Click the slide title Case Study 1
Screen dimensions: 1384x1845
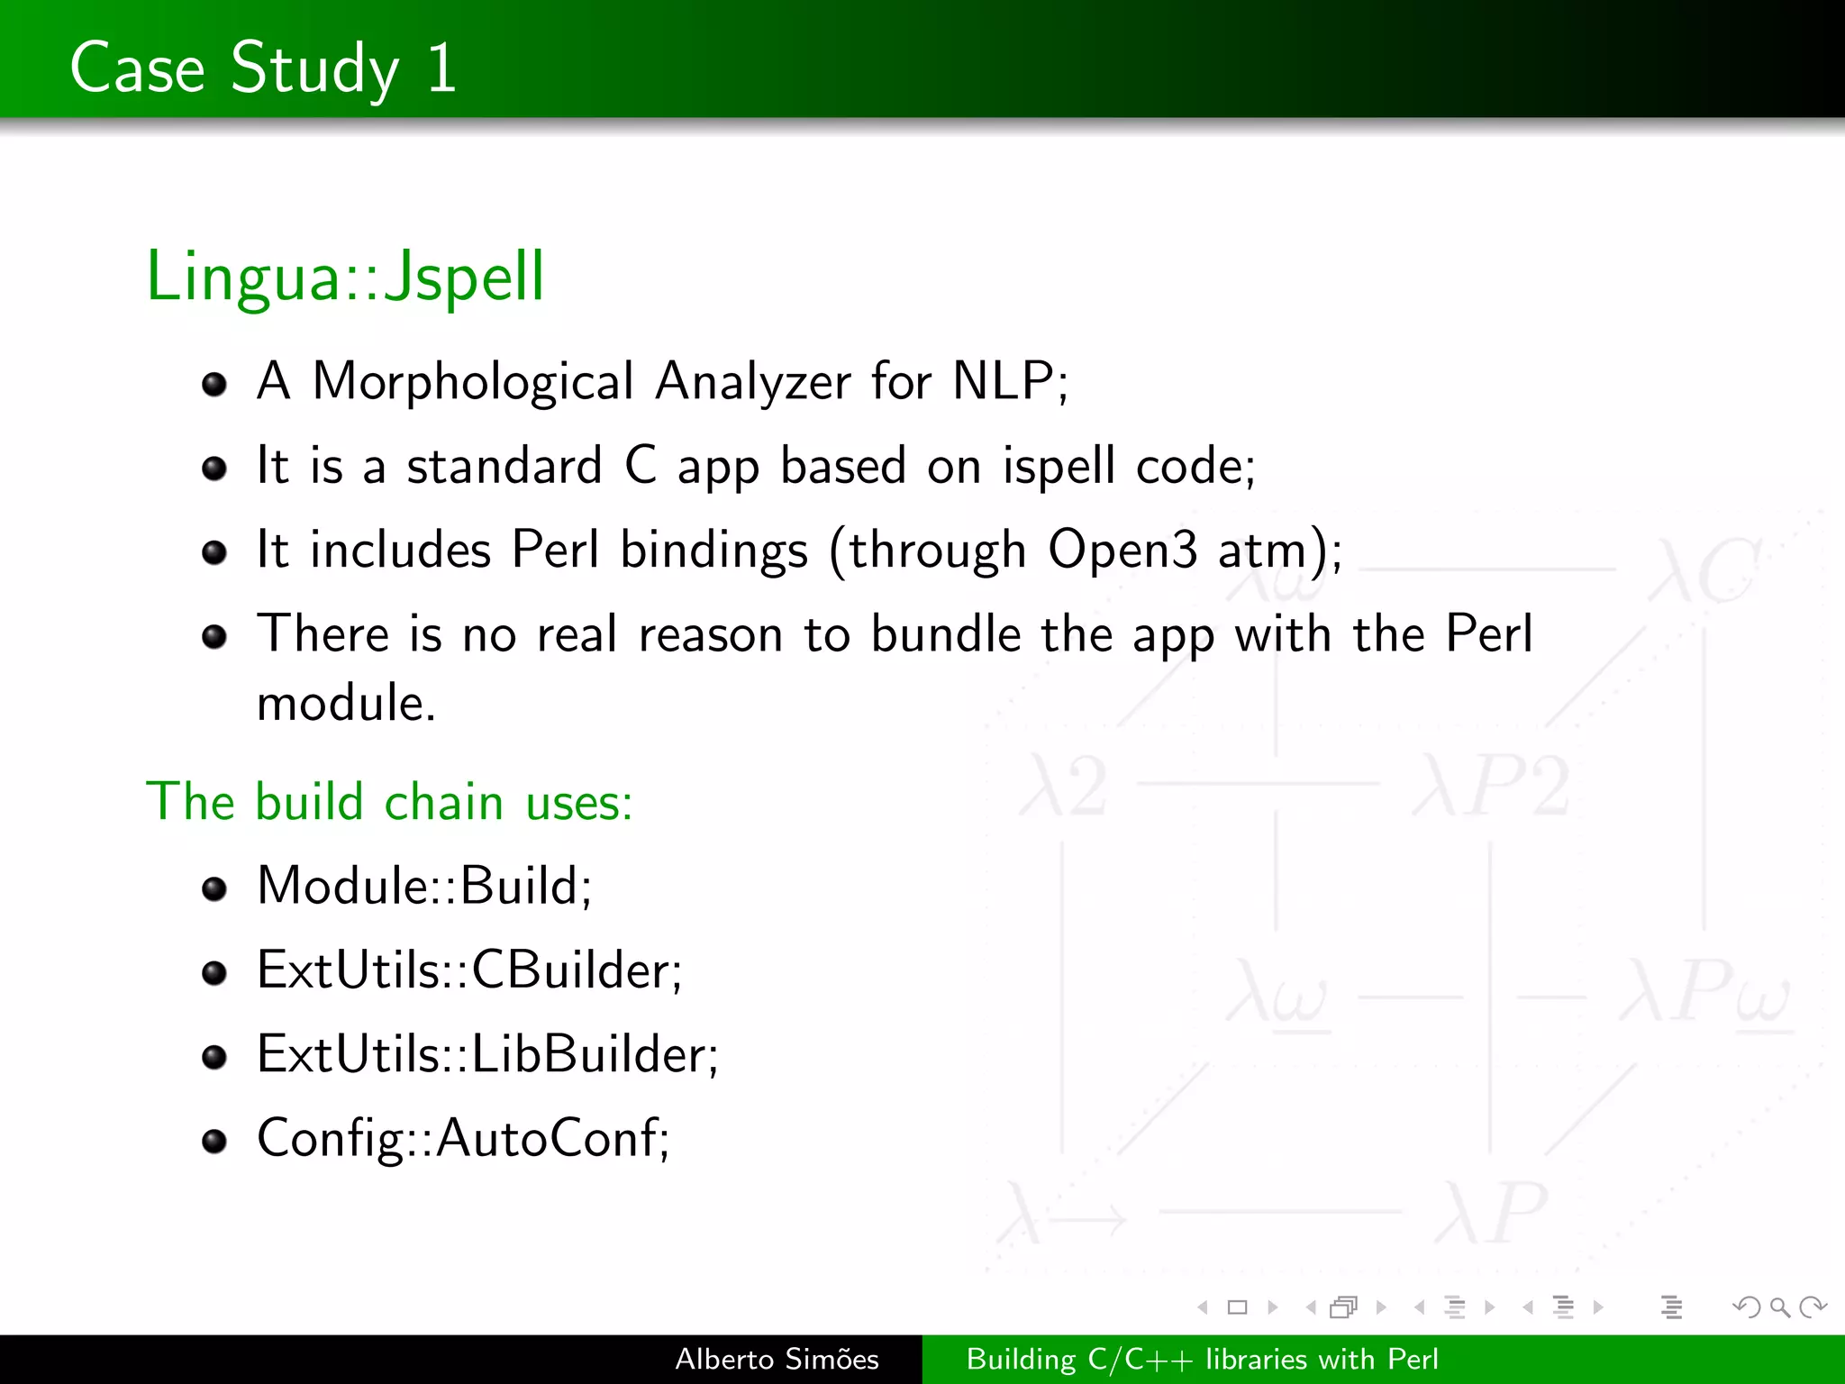coord(263,68)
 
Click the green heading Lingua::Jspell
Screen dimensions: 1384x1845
coord(345,276)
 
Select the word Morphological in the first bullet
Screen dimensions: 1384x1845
coord(473,381)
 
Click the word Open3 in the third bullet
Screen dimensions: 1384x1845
coord(1122,550)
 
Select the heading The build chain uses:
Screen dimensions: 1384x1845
coord(389,801)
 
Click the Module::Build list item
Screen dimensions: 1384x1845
coord(423,886)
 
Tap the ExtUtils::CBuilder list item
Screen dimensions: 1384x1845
coord(468,970)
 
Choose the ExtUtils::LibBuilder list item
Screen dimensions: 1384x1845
coord(486,1054)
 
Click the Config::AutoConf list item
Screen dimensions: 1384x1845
coord(462,1138)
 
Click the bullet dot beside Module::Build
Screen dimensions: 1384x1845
coord(214,889)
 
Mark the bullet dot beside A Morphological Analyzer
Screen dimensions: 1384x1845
coord(214,385)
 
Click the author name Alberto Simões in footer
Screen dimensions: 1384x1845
coord(777,1359)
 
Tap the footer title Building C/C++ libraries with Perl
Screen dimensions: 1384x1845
coord(1202,1359)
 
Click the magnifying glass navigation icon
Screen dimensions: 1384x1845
coord(1779,1307)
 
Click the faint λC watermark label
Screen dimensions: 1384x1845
coord(1703,570)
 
